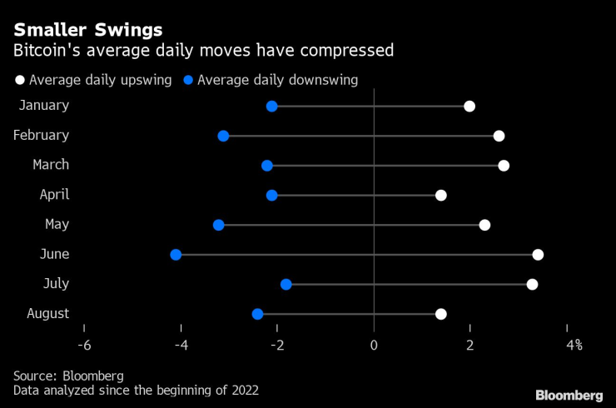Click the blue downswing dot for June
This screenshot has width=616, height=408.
176,254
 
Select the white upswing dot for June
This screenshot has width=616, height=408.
538,254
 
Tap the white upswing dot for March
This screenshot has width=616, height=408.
504,166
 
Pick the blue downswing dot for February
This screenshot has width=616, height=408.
223,136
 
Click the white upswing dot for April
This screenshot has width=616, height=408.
441,195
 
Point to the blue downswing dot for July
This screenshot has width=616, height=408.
286,284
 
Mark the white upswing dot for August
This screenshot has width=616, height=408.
441,314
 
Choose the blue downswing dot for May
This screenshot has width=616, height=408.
219,225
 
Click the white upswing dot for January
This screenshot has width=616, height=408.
469,106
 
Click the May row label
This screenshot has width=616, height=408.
57,224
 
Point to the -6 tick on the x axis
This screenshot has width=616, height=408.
85,345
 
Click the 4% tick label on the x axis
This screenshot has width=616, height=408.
574,345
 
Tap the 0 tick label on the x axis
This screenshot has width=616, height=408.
374,345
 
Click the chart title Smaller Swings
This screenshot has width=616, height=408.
87,30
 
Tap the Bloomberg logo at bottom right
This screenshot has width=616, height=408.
569,394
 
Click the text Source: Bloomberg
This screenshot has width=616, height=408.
68,375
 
